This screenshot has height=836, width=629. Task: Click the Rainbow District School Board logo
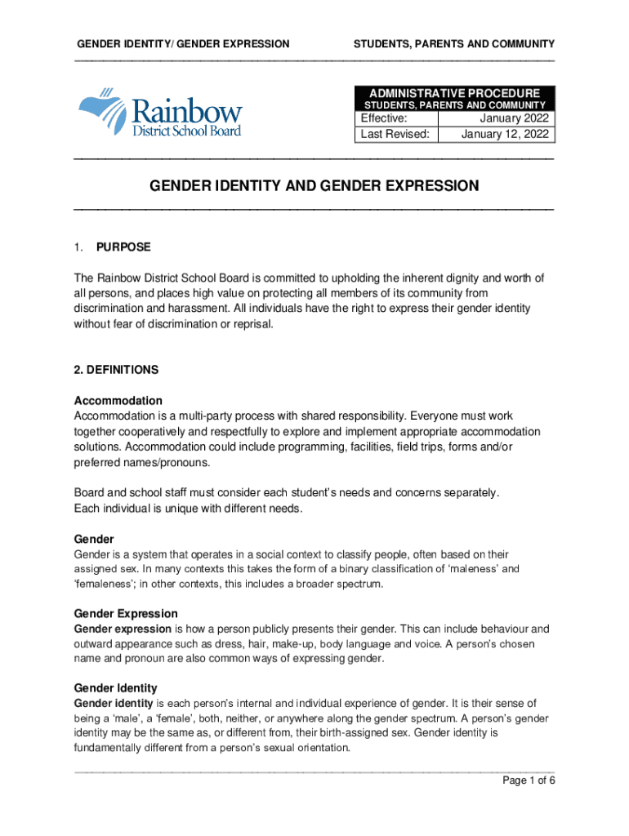pos(160,113)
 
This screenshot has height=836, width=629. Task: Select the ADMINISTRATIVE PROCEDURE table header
pos(455,93)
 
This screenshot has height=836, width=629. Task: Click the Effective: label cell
pos(396,118)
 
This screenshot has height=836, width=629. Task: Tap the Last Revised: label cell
pos(396,135)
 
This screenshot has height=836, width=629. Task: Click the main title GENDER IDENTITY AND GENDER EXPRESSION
pos(314,186)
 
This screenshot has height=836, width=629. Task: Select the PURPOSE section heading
pos(123,247)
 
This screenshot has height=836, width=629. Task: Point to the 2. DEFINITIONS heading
pos(116,370)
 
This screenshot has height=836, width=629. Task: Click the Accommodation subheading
pos(118,401)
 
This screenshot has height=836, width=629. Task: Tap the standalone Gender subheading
pos(94,540)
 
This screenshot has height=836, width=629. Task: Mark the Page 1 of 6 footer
pos(529,780)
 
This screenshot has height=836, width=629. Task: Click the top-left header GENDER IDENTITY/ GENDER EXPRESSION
pos(182,43)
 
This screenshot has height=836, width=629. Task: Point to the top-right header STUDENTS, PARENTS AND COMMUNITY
pos(453,43)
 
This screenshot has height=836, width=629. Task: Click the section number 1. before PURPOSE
pos(79,247)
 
